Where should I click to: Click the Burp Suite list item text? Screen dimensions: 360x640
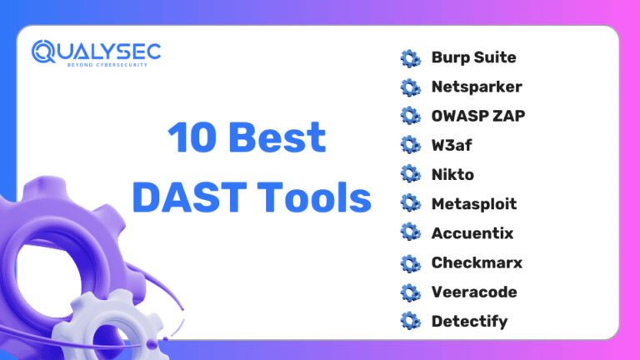point(473,58)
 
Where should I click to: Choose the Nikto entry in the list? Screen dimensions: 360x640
point(452,174)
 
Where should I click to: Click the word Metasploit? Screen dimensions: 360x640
point(474,203)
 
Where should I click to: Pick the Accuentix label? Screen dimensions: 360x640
point(472,233)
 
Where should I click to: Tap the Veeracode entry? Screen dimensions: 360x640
point(474,292)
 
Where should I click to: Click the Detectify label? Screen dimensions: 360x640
point(469,321)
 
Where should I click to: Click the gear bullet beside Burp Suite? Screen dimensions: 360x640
point(411,58)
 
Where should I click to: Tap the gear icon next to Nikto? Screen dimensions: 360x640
point(411,174)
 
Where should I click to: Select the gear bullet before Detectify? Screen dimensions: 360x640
point(411,321)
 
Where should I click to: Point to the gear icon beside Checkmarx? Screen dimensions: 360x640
point(411,262)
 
